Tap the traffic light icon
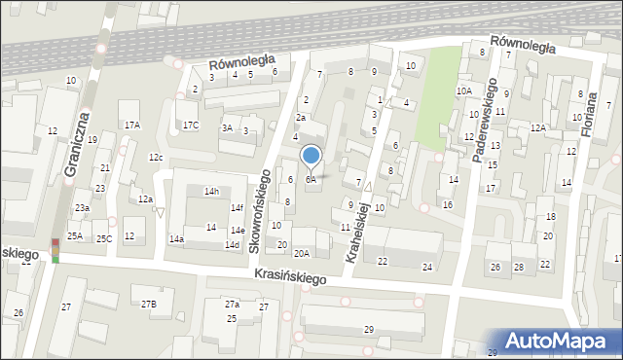coord(55,250)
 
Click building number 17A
coord(131,125)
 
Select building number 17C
coord(191,125)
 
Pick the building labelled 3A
coord(227,127)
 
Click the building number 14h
coord(211,192)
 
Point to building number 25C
coord(103,238)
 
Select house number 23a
coord(83,208)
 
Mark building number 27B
coord(148,305)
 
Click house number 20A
coord(302,253)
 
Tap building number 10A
coord(463,91)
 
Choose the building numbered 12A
coord(537,127)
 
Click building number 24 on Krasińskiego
coord(426,267)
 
